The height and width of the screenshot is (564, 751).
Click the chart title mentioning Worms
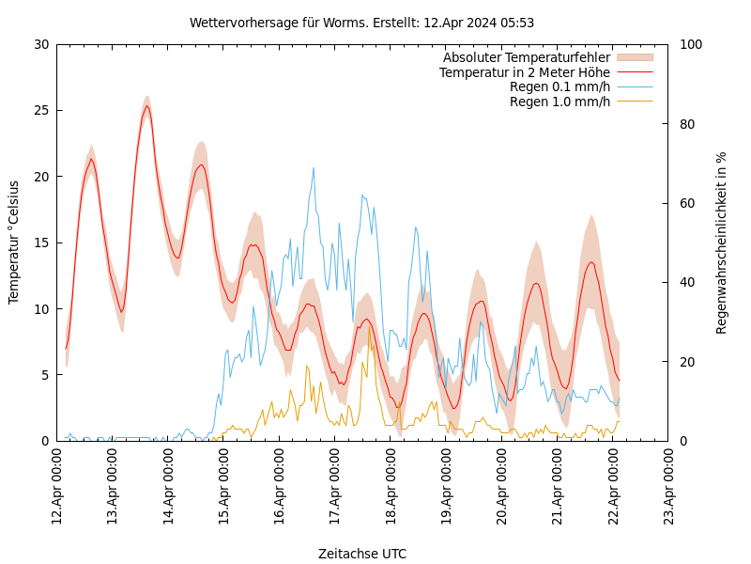[x=361, y=23]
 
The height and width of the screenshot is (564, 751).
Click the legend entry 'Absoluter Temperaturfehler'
[x=526, y=57]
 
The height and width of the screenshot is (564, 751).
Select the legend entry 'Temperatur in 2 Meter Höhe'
[x=524, y=72]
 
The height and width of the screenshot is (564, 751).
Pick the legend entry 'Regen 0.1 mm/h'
[x=559, y=86]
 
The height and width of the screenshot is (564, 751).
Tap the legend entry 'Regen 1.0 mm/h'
[x=559, y=102]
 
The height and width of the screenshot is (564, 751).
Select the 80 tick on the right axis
[x=688, y=124]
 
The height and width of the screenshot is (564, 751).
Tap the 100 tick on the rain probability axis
[x=692, y=44]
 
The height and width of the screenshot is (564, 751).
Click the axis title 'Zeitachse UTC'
[x=362, y=554]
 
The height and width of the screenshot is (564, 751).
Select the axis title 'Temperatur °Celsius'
[x=14, y=243]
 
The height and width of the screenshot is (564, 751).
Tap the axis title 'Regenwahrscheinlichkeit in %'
[x=722, y=243]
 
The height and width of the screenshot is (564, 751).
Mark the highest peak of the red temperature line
[x=146, y=106]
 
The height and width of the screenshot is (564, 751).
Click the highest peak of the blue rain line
[x=314, y=168]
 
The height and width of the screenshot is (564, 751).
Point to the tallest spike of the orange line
[x=369, y=328]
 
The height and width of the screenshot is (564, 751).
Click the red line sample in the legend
[x=635, y=72]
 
